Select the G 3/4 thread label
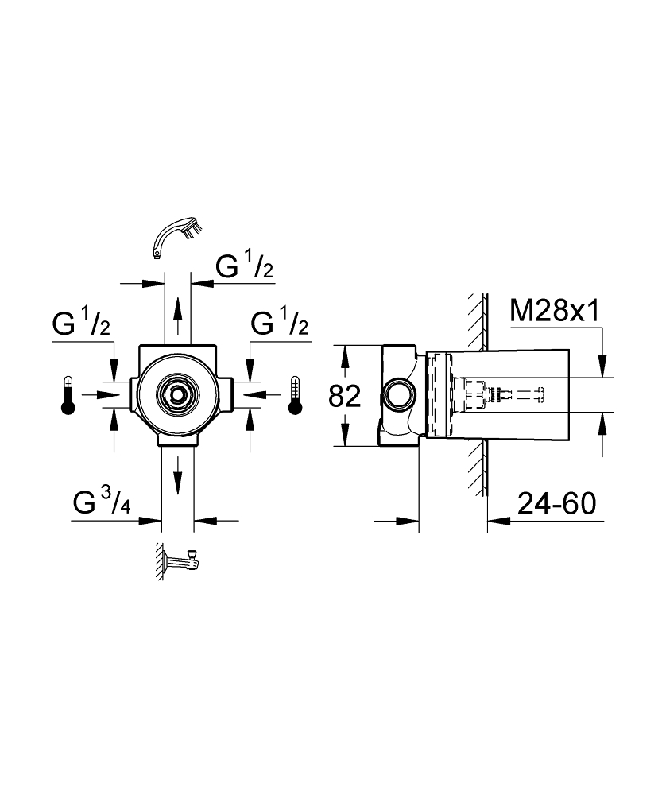point(101,503)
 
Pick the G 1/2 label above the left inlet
point(82,324)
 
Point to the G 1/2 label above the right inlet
point(280,324)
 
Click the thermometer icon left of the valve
point(68,395)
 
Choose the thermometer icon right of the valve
point(296,395)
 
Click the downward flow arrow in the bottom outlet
point(178,477)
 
